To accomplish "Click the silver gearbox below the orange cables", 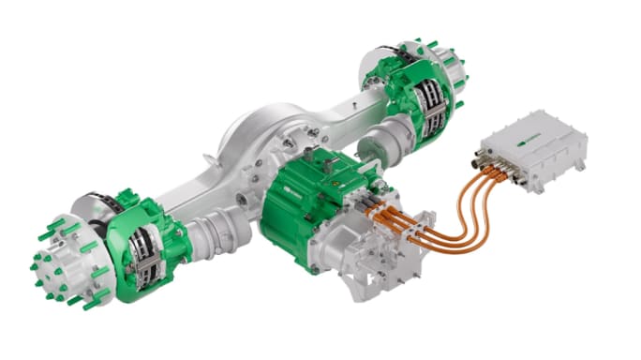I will (x=365, y=248).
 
